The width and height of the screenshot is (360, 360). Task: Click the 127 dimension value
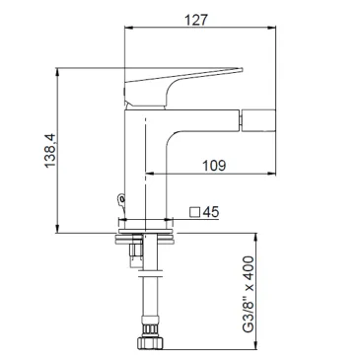point(196,20)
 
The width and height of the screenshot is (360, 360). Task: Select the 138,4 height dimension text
point(50,151)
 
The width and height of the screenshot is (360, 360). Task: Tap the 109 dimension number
point(214,166)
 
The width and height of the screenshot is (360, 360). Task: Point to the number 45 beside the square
point(211,212)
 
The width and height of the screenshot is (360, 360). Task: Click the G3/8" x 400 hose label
point(249,295)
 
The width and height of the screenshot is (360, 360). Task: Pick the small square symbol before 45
point(195,212)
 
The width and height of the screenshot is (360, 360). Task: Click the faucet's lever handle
point(182,87)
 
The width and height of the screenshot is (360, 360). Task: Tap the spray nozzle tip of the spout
point(258,120)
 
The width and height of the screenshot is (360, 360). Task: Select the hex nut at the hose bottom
point(150,342)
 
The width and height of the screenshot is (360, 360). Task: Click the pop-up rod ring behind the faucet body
point(121,199)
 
